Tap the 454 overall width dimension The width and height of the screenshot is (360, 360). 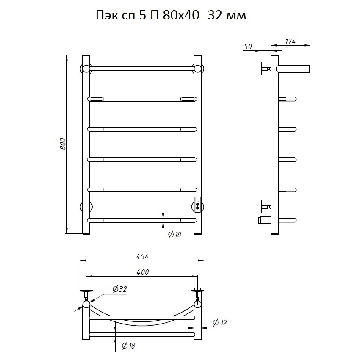[x=142, y=257]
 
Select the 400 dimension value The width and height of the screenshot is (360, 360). [x=143, y=272]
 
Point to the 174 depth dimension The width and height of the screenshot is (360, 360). [x=290, y=42]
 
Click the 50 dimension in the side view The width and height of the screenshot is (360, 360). [x=248, y=47]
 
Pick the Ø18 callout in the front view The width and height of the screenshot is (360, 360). [x=175, y=234]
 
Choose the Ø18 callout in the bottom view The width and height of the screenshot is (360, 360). [x=129, y=346]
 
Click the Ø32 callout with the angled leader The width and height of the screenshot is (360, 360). [x=119, y=289]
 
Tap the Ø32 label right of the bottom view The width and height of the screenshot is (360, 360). [x=220, y=323]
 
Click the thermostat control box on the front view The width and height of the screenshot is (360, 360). [x=197, y=205]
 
